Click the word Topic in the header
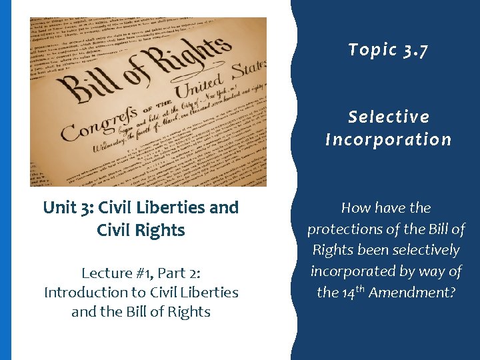point(373,49)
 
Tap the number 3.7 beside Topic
point(416,49)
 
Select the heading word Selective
point(389,117)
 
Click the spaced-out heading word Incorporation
point(389,139)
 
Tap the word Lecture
point(107,273)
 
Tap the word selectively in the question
point(427,250)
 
